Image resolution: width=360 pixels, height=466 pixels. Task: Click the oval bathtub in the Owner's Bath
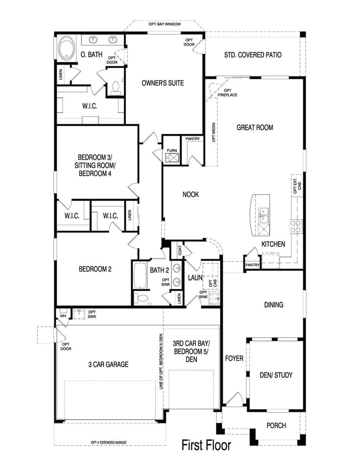[66, 49]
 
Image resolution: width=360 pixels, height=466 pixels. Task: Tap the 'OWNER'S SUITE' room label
[163, 83]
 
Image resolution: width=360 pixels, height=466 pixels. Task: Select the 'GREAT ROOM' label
[254, 128]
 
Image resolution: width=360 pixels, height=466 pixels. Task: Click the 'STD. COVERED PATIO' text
[253, 55]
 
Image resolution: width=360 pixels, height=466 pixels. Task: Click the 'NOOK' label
[191, 194]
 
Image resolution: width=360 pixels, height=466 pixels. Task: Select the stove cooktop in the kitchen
[296, 226]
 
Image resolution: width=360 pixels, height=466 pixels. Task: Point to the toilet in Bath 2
[140, 298]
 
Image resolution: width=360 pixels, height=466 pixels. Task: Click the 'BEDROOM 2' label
[95, 269]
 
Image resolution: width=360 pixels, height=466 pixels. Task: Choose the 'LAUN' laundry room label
[195, 278]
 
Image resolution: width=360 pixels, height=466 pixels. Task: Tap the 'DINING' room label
[273, 305]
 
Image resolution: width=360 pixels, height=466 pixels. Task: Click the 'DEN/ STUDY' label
[275, 375]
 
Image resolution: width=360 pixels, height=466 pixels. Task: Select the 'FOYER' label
[234, 359]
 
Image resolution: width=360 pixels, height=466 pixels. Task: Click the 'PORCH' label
[276, 425]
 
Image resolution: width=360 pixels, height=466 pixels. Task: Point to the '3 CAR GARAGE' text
[109, 364]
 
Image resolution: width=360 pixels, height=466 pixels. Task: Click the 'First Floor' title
[206, 445]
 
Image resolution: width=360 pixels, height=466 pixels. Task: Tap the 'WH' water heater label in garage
[63, 316]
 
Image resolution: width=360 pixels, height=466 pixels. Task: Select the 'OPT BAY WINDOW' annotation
[165, 24]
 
